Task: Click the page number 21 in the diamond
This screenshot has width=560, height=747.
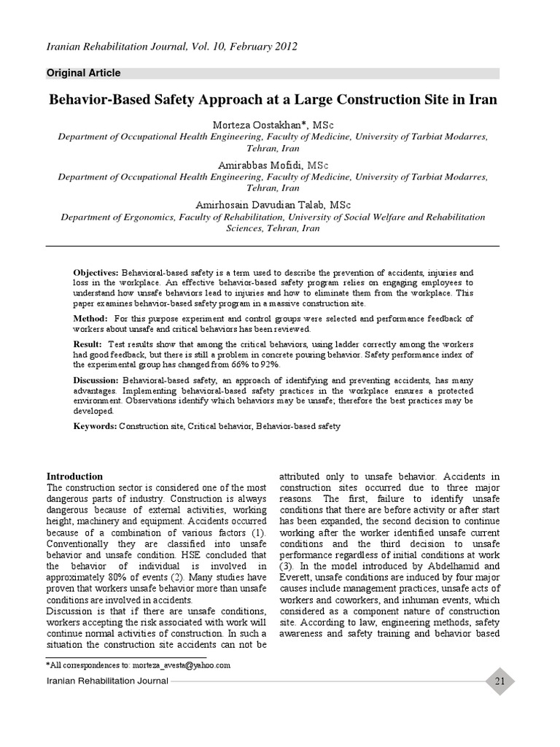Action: point(499,681)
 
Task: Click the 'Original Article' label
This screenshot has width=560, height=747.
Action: point(83,73)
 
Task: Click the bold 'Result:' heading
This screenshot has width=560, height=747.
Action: point(89,343)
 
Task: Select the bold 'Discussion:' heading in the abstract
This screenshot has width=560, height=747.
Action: point(96,380)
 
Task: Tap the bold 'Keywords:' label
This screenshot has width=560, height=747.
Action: point(95,425)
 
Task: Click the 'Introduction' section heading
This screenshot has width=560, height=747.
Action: point(74,476)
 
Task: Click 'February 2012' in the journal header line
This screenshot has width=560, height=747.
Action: point(258,47)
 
